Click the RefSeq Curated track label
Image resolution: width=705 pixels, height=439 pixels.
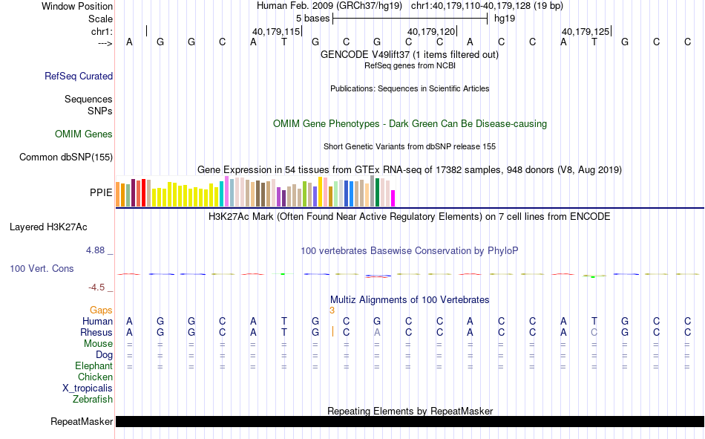(79, 76)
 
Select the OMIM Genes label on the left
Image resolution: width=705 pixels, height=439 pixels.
(84, 134)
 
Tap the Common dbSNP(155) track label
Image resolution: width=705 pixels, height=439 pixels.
(66, 157)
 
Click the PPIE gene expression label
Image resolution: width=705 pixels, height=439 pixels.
(101, 192)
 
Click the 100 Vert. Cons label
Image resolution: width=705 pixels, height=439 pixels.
(42, 268)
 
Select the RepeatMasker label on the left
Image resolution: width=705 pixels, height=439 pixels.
(82, 422)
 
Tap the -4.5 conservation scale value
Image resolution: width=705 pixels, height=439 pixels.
(96, 287)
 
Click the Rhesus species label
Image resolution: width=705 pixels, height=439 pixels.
(97, 332)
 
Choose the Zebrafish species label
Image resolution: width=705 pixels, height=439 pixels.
(93, 399)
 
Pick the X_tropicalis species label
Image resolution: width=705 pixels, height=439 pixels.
(88, 388)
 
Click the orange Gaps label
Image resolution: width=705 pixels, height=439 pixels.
(101, 310)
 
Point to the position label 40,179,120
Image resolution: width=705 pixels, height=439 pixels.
(431, 32)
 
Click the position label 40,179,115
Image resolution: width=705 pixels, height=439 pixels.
(276, 32)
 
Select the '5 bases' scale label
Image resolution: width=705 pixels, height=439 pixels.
(312, 17)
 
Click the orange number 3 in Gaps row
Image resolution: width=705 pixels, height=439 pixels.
(332, 310)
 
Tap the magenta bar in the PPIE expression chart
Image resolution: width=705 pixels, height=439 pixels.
(393, 198)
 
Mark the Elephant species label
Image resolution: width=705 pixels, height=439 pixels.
(94, 365)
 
